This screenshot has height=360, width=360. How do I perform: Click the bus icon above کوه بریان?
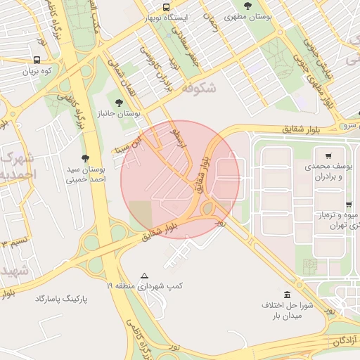coord(37,60)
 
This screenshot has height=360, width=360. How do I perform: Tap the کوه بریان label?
coord(37,72)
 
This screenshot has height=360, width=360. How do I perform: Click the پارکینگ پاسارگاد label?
coord(63,300)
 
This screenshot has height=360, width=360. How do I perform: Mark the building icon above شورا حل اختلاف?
coord(287,295)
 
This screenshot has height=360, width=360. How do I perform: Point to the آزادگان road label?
coord(341,341)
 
